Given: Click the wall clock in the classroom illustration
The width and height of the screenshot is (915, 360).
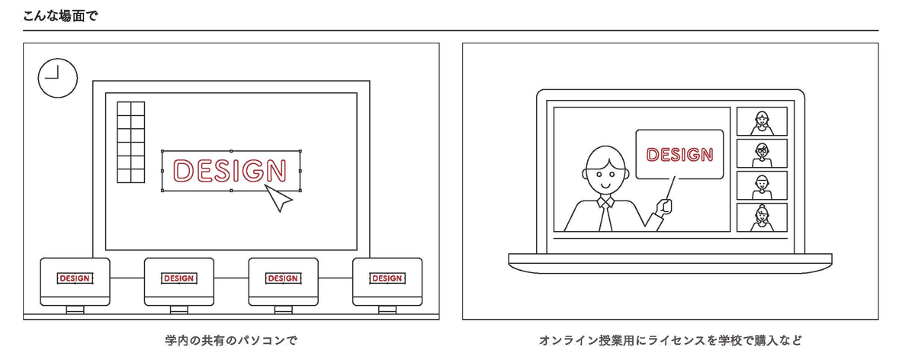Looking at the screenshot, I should click(58, 78).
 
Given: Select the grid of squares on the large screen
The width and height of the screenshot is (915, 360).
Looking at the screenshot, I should click(130, 142).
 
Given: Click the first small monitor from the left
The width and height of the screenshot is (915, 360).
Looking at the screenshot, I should click(75, 281).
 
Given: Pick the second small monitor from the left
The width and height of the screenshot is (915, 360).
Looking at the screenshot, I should click(178, 281).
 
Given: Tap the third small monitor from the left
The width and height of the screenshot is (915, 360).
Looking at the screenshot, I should click(283, 281).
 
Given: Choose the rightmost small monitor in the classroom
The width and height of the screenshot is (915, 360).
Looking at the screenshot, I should click(387, 281).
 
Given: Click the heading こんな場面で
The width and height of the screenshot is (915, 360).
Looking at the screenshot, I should click(60, 14).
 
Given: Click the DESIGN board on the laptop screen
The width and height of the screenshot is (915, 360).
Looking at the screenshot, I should click(679, 155).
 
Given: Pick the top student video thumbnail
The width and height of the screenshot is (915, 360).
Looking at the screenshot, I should click(761, 122).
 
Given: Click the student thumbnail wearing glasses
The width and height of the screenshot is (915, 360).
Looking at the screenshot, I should click(761, 154).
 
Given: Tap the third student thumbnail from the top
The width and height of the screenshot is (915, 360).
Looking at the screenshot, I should click(761, 186).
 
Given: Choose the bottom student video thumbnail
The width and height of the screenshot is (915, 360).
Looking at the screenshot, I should click(761, 217).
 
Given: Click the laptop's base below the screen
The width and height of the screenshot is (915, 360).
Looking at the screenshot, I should click(670, 261).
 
